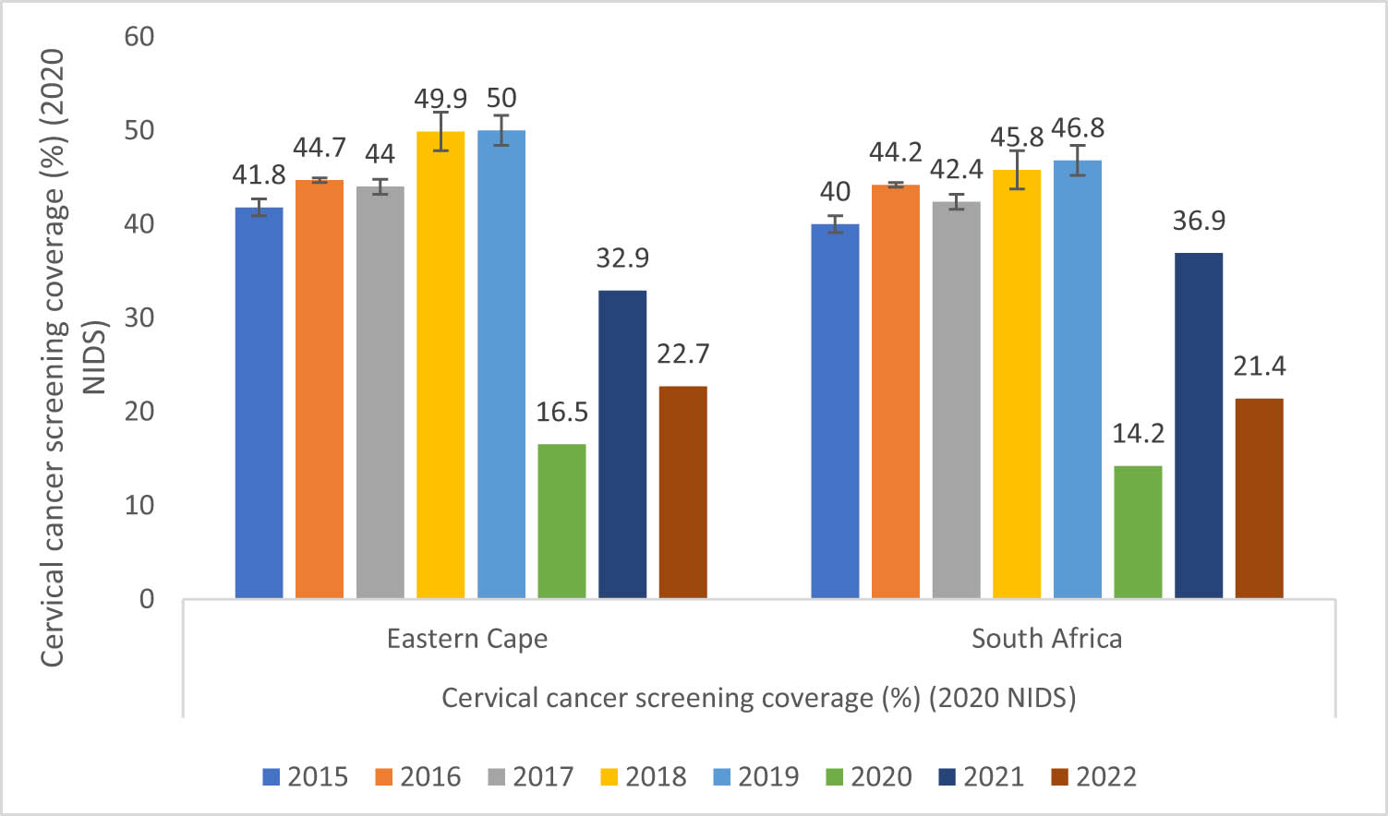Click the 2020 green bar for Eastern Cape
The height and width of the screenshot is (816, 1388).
tap(561, 522)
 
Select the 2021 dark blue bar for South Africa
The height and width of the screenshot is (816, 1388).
tap(1198, 426)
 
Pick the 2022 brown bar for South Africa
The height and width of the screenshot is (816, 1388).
tap(1259, 498)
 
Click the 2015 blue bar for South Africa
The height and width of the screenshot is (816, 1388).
tap(835, 412)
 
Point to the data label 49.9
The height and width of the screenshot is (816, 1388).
tap(441, 98)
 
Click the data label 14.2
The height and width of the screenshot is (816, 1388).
tap(1138, 433)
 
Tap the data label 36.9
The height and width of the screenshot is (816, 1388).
tap(1199, 221)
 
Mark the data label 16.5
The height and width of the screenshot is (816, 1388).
tap(561, 412)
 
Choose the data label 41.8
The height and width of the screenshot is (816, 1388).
tap(259, 174)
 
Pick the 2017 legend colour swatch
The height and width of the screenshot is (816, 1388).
tap(496, 777)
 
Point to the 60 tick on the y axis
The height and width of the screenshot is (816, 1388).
tap(139, 37)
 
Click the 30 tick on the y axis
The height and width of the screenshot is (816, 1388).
tap(139, 318)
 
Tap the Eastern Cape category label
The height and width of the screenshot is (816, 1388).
tap(466, 639)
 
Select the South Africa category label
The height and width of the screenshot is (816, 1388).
tap(1046, 639)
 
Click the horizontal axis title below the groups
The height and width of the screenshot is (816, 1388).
tap(758, 698)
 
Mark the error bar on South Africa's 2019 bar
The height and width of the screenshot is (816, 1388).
tap(1078, 161)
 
